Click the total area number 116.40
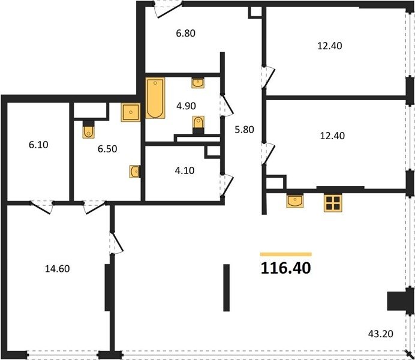[286, 268]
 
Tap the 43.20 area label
[380, 334]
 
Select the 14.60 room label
[57, 269]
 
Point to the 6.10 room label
[38, 145]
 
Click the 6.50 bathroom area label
[107, 149]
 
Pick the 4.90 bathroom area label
[186, 106]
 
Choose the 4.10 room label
[185, 170]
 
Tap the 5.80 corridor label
[244, 130]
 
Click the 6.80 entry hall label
[186, 33]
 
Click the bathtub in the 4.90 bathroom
[155, 98]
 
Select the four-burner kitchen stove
[333, 203]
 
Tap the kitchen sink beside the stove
[295, 201]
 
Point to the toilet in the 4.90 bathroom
[199, 125]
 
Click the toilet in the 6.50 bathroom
[88, 130]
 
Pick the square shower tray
[131, 113]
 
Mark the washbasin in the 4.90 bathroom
[198, 83]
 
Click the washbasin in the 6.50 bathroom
[135, 172]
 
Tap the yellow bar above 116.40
[286, 254]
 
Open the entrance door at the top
[169, 10]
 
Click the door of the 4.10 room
[227, 185]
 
